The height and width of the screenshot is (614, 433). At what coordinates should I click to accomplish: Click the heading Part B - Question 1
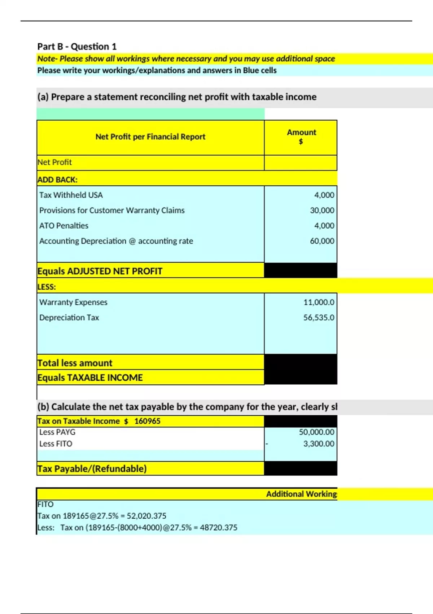77,47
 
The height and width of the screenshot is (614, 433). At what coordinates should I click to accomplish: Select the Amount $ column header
301,137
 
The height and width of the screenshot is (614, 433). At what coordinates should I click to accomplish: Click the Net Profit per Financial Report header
150,137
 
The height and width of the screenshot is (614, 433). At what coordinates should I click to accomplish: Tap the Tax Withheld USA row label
71,195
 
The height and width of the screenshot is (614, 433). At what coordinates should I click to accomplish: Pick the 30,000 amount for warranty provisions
322,210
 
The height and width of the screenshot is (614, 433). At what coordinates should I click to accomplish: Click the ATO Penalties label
64,226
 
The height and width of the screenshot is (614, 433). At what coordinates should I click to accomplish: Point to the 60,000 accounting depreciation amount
322,241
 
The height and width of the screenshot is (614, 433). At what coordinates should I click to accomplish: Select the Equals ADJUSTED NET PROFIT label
100,271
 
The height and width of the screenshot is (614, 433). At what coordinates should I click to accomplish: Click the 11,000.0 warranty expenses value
319,302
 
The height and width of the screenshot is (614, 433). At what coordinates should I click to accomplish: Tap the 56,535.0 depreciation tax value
319,317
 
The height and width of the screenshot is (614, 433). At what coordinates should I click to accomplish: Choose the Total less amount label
75,363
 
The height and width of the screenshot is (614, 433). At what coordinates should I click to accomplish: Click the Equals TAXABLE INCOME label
90,378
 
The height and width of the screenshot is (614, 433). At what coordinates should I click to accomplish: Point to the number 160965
147,421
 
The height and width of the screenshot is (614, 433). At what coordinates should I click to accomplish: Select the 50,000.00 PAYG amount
316,432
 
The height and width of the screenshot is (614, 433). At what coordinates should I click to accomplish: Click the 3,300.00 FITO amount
319,444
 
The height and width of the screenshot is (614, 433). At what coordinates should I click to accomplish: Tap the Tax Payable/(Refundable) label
92,469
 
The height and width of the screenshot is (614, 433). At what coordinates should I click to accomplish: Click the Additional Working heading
301,494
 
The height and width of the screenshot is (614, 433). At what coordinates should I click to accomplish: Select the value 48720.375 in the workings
219,528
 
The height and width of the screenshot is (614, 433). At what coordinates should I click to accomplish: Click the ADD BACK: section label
57,180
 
